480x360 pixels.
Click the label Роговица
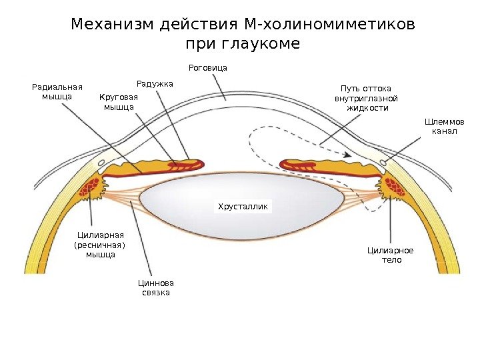[208, 68]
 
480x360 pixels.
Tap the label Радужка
[155, 84]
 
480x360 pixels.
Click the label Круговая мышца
[118, 102]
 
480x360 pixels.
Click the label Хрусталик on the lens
[244, 207]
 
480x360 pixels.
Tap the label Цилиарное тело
[391, 255]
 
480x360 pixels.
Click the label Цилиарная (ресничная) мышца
[101, 245]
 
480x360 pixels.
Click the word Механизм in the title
[113, 25]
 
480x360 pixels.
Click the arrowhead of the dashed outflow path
[347, 156]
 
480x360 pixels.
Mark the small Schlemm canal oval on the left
[101, 162]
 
